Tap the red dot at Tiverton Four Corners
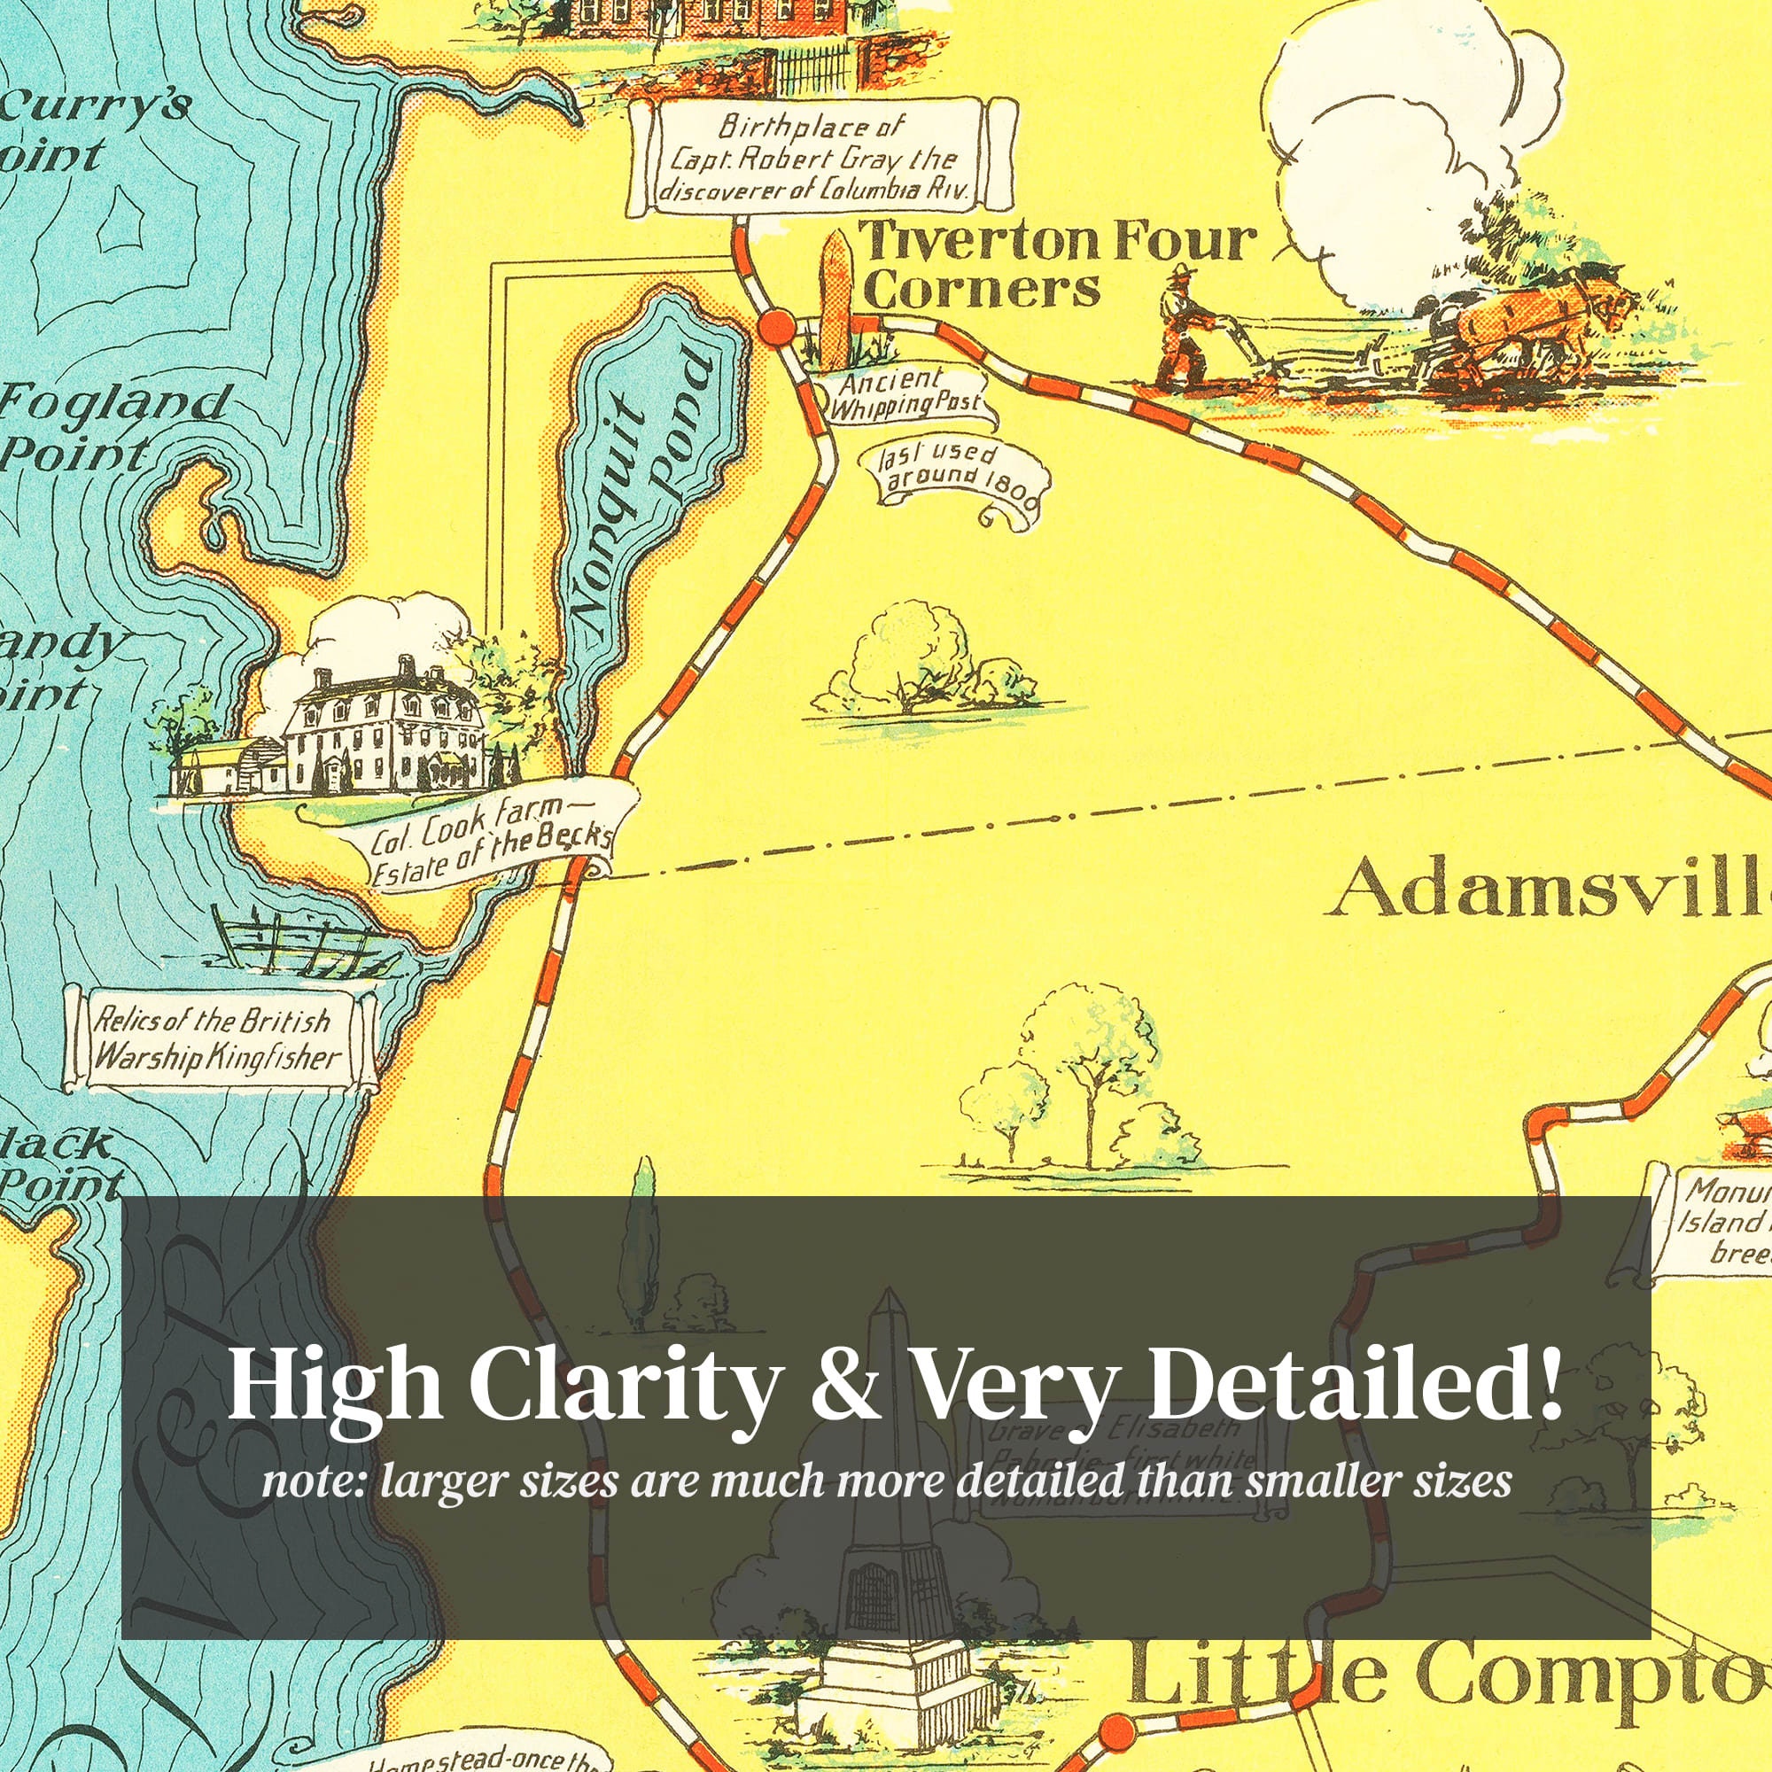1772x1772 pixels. coord(777,327)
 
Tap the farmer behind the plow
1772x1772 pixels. coord(1183,325)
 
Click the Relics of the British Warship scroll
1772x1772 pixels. coord(217,1041)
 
